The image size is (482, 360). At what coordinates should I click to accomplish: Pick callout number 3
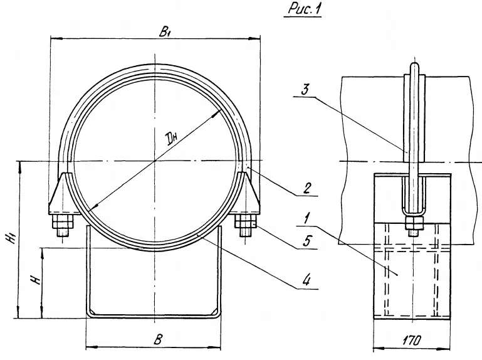point(305,90)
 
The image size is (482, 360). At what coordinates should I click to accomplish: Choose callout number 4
point(307,280)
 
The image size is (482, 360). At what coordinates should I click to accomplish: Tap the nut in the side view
point(412,223)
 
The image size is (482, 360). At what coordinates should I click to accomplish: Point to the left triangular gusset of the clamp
point(60,194)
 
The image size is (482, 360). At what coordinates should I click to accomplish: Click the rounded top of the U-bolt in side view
point(412,65)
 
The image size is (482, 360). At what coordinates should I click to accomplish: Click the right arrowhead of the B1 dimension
point(256,39)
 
